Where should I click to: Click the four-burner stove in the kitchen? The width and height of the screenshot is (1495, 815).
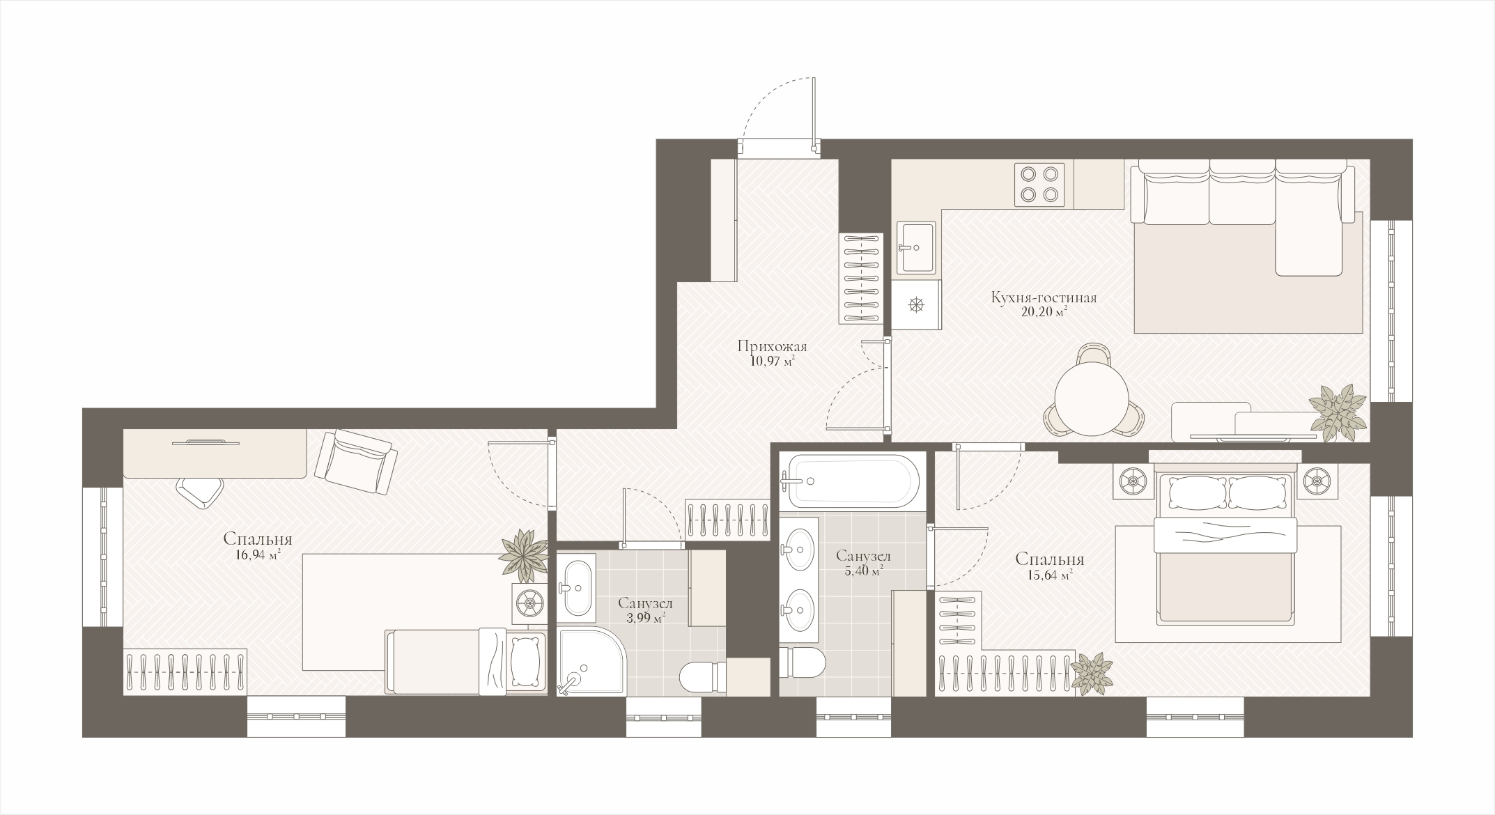(x=1039, y=185)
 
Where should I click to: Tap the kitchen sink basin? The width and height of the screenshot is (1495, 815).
(x=916, y=247)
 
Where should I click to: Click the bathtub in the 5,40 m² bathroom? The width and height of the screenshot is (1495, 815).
(x=849, y=481)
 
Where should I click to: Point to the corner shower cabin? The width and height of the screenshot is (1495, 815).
(x=591, y=661)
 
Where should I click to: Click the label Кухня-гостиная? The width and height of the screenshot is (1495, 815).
(x=1044, y=298)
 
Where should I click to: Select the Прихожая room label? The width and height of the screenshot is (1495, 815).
(x=772, y=346)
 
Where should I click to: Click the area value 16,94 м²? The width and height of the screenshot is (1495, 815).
(x=258, y=554)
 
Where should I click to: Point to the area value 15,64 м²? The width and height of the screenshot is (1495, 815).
(x=1048, y=574)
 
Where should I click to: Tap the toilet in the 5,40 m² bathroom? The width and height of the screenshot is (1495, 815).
(x=802, y=661)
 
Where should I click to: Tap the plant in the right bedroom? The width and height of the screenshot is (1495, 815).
(x=1092, y=672)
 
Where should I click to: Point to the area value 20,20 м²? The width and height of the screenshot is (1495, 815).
(x=1044, y=313)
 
